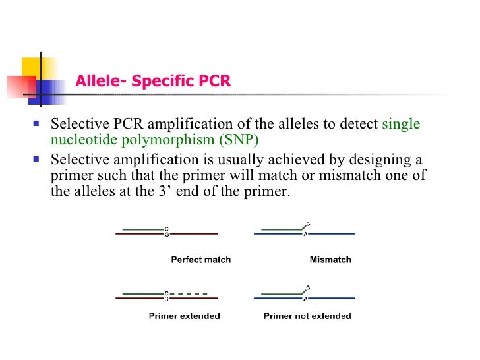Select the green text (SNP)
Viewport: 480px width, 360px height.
(240, 139)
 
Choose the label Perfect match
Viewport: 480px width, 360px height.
(200, 260)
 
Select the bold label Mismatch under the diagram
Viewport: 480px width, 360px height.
(330, 260)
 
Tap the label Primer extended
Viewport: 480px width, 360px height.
(185, 316)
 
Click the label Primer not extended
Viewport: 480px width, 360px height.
(307, 316)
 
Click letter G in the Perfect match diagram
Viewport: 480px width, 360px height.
(166, 234)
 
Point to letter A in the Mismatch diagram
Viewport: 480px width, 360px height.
(305, 234)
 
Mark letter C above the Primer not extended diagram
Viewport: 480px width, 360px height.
(309, 287)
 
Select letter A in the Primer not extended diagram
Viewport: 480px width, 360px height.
(305, 298)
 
